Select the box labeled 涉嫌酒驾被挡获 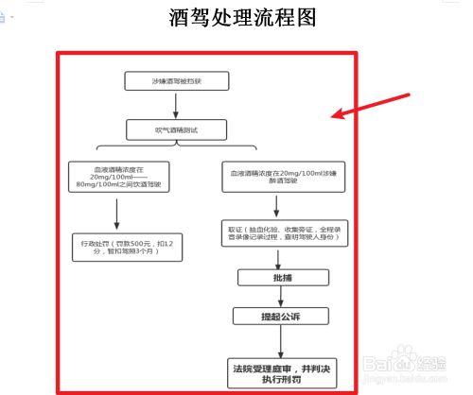pos(177,81)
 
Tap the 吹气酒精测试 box pos(177,126)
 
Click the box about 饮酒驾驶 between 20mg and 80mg pos(114,178)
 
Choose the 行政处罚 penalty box pos(114,249)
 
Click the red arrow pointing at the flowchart pos(372,106)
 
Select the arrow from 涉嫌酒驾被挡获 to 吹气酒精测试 pos(177,103)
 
